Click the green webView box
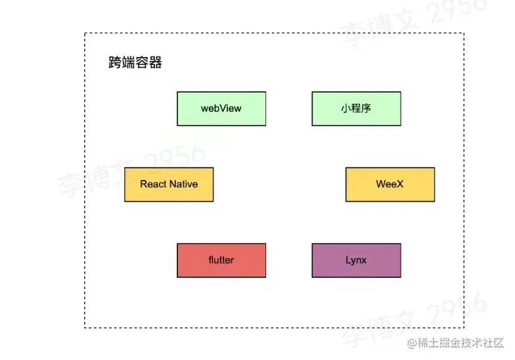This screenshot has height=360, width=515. [x=221, y=108]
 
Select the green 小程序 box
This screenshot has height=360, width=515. [x=356, y=108]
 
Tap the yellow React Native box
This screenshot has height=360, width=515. [x=169, y=185]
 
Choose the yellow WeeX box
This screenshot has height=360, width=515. [x=390, y=185]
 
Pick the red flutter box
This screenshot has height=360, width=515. [x=221, y=260]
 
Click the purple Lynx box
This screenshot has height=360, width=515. [x=356, y=260]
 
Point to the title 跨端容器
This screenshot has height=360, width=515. [x=135, y=63]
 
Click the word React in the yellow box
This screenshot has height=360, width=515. [x=154, y=185]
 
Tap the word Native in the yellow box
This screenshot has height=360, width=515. [x=184, y=185]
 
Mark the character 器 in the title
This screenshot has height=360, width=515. [x=156, y=63]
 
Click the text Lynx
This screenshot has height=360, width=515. [x=356, y=260]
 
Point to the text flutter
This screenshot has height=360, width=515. [x=221, y=260]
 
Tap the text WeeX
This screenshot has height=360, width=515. [x=390, y=185]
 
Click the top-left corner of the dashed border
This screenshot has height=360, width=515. [x=85, y=34]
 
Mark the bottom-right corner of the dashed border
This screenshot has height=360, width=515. [x=464, y=327]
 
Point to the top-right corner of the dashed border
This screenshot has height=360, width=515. [x=464, y=34]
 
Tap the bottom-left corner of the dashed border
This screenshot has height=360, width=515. [x=85, y=327]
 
